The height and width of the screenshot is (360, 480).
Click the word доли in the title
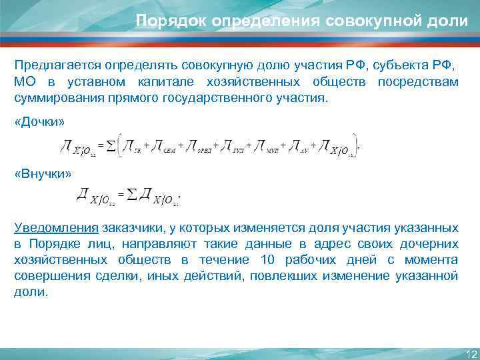(x=449, y=20)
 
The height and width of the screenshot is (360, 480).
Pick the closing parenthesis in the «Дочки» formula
(x=355, y=145)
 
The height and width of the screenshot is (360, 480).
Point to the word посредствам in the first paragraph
(x=417, y=82)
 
